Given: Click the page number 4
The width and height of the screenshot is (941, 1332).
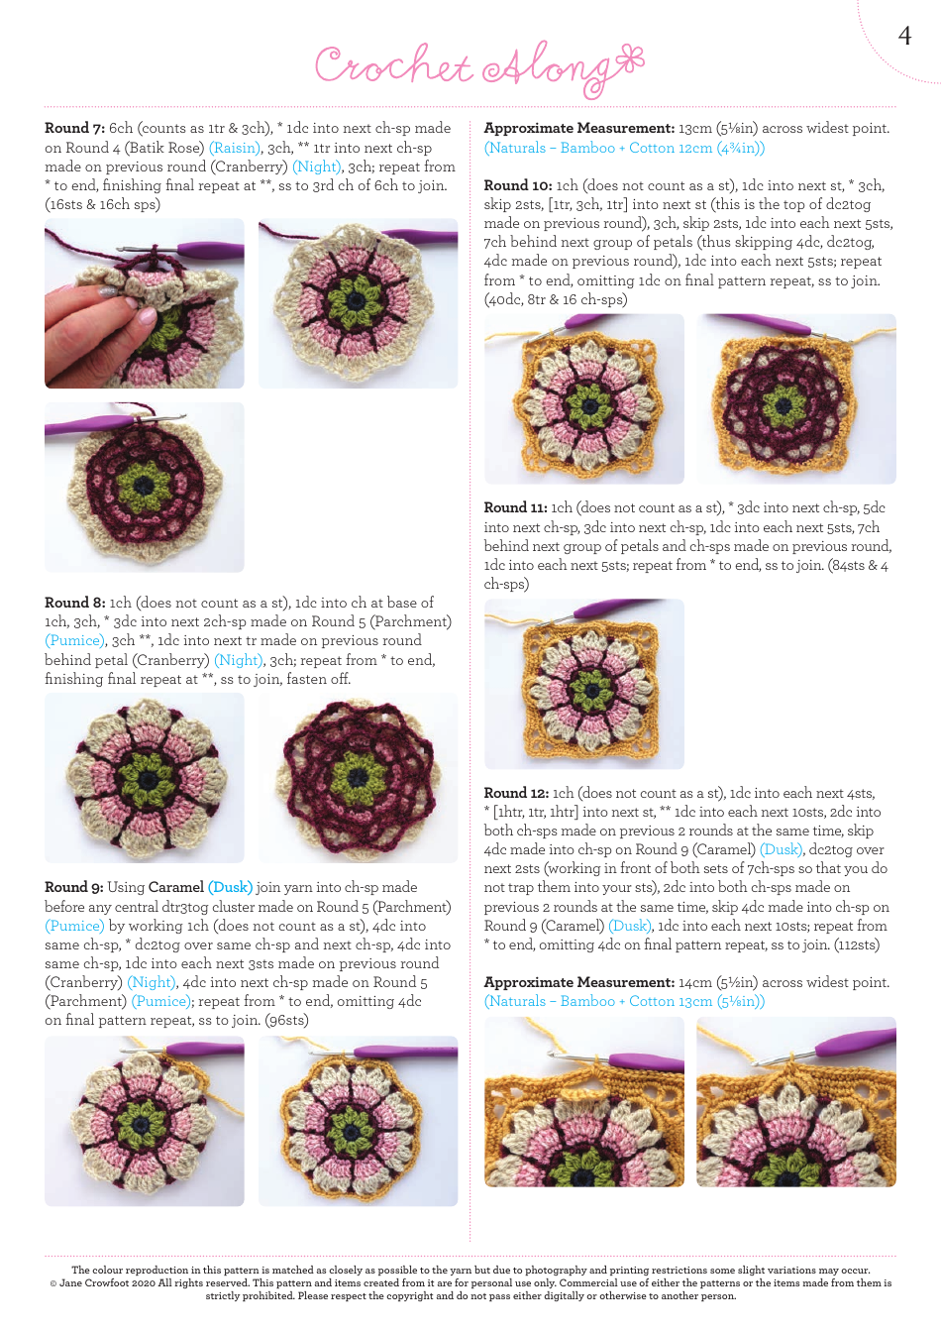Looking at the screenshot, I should (903, 36).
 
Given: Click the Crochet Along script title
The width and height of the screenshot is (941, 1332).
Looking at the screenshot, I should (466, 66).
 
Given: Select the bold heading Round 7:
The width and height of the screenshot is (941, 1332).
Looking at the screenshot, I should (74, 128).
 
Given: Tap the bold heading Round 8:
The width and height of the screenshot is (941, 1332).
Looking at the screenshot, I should (74, 603).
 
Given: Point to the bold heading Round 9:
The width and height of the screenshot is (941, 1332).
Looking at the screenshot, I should (73, 887).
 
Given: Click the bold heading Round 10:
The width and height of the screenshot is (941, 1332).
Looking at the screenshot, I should (517, 185).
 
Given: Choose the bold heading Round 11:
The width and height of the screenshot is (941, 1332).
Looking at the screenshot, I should (515, 507).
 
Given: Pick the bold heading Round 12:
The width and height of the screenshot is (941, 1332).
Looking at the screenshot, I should (516, 793).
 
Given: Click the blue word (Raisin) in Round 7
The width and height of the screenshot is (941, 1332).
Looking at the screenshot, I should (235, 148).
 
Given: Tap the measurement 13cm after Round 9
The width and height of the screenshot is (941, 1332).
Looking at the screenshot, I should (694, 128).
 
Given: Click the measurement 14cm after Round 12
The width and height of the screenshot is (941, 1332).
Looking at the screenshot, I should (694, 982).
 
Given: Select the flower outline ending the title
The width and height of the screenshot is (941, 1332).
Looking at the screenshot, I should (628, 60).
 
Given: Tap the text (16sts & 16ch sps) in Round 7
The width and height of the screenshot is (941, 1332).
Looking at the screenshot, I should (102, 204).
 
